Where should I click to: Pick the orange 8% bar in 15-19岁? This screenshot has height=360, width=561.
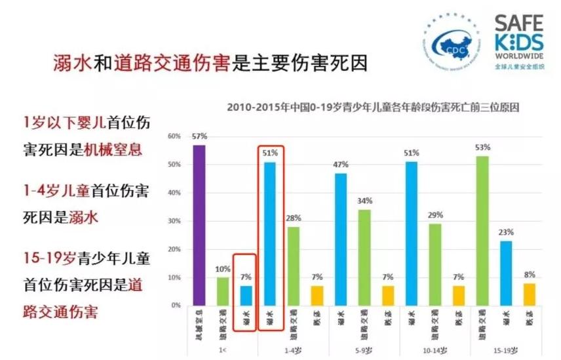tap(529, 294)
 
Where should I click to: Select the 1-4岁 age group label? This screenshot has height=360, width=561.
tap(292, 351)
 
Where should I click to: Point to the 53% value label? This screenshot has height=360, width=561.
tap(482, 148)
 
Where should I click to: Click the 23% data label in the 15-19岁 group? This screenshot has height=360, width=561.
tap(505, 231)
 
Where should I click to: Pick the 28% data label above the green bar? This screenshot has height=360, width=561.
tap(293, 218)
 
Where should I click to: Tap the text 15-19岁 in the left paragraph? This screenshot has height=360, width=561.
tap(47, 259)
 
